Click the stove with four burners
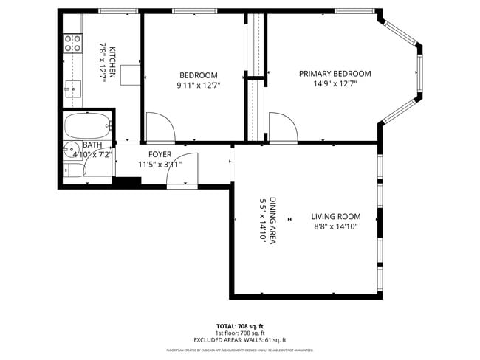[x=72, y=44]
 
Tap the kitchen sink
[x=72, y=89]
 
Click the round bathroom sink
[x=68, y=150]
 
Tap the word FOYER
[x=160, y=154]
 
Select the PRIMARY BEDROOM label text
[x=335, y=74]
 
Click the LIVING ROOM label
[x=335, y=217]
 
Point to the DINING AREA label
[x=272, y=221]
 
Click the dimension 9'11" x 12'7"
[x=198, y=86]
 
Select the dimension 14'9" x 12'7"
[x=335, y=85]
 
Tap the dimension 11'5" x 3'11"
[x=160, y=165]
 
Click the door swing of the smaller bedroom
[x=160, y=126]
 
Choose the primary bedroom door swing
[x=281, y=126]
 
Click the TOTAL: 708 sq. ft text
[x=239, y=325]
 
